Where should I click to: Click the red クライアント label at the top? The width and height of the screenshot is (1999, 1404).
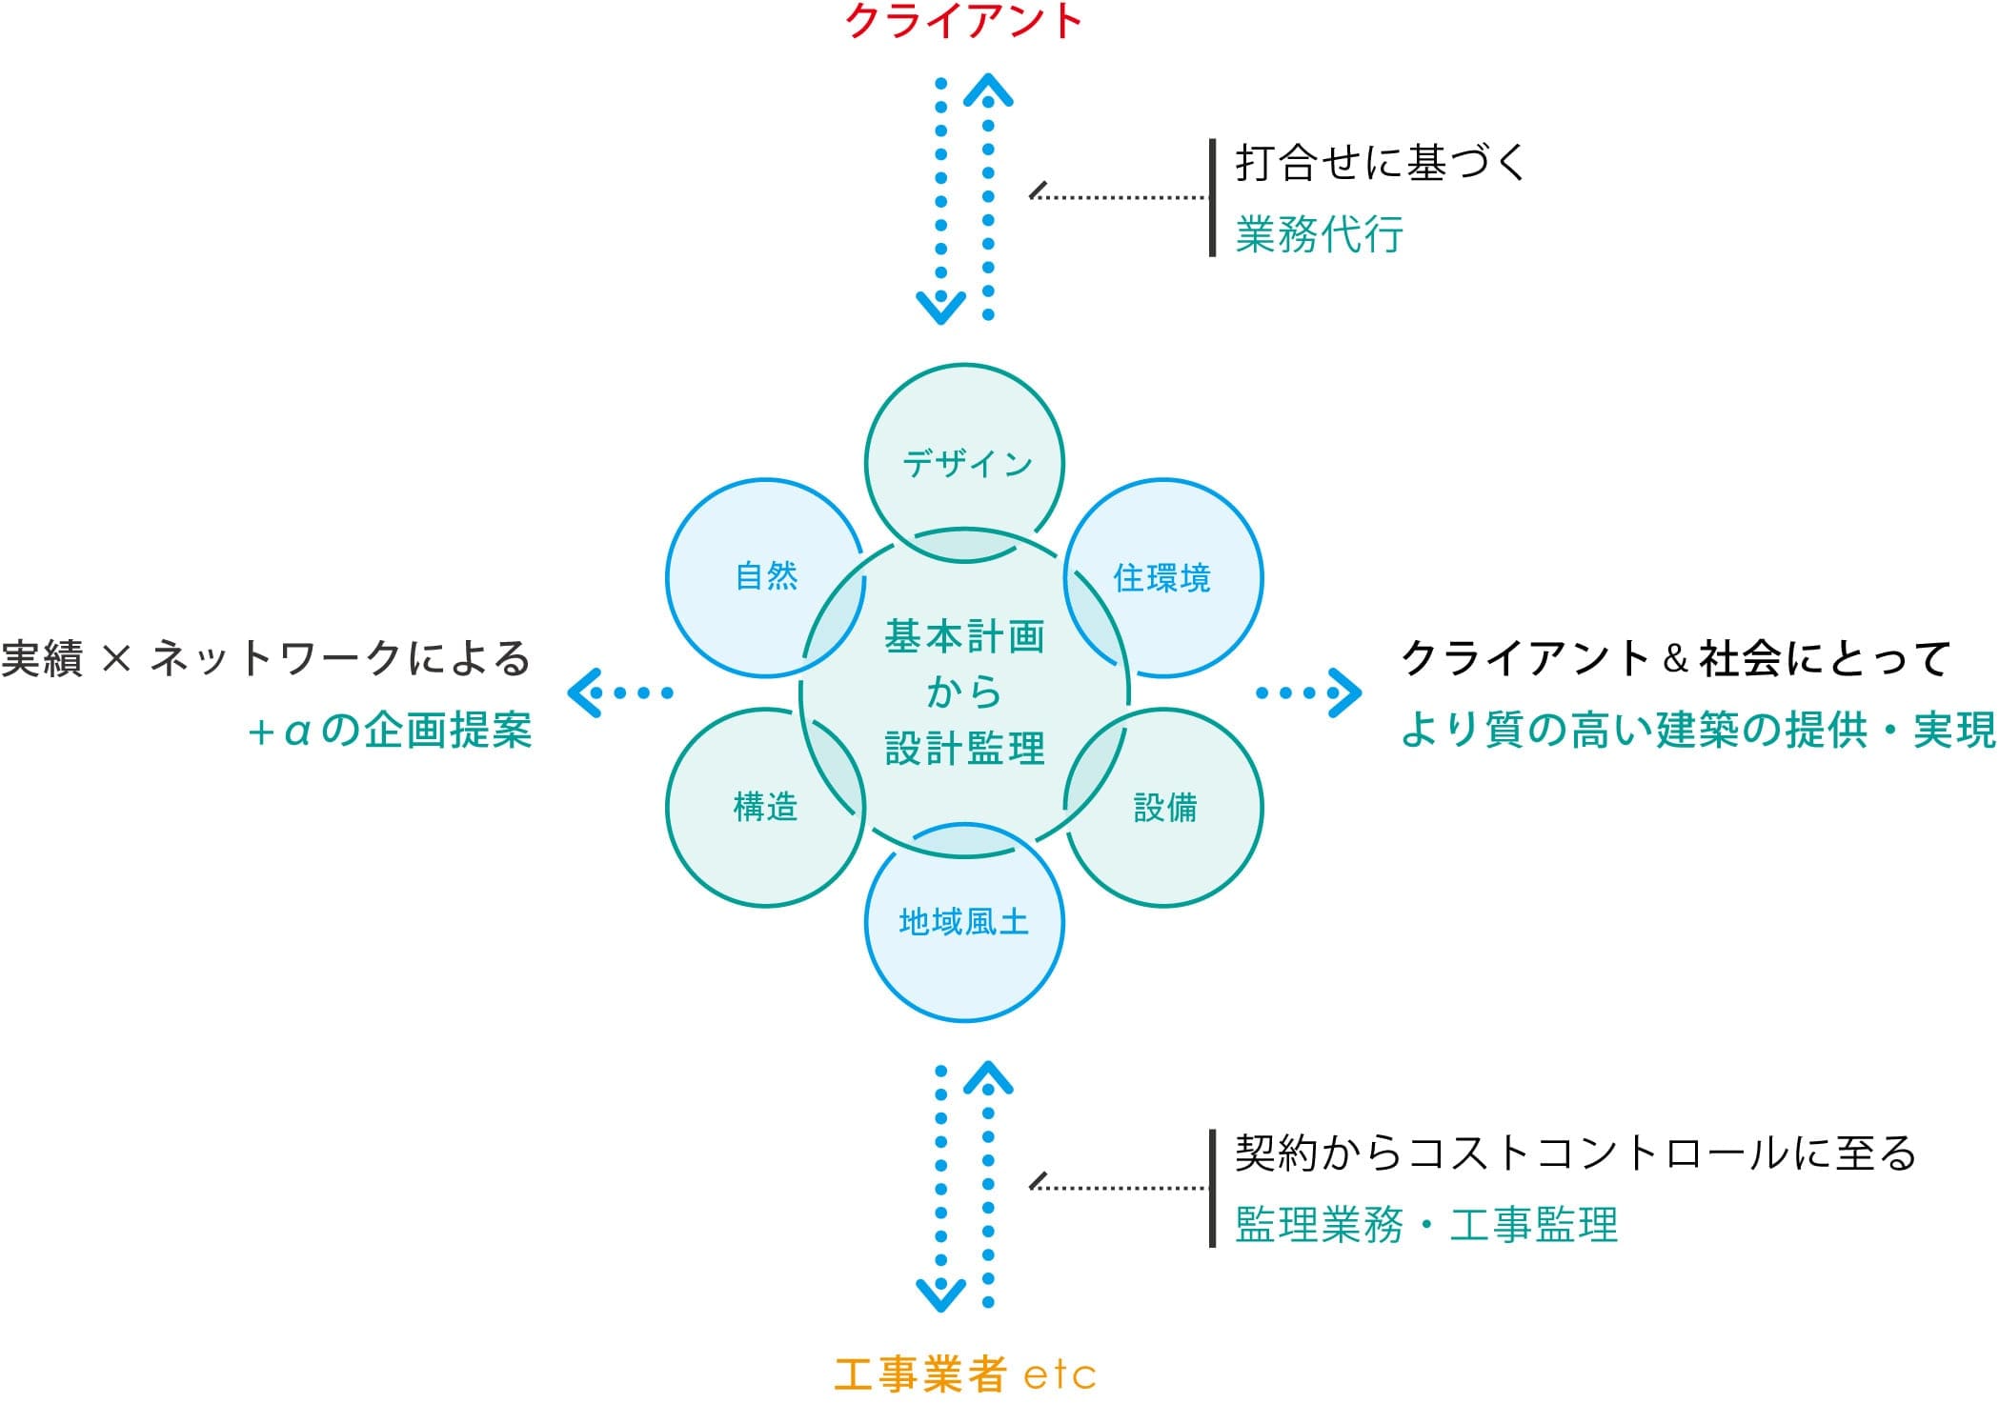pyautogui.click(x=963, y=21)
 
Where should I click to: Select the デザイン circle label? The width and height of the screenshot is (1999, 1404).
pyautogui.click(x=966, y=464)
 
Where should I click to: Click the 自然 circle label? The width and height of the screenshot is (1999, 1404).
pyautogui.click(x=766, y=576)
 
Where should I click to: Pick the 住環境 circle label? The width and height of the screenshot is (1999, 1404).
pyautogui.click(x=1161, y=578)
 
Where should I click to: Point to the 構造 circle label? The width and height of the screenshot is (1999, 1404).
pyautogui.click(x=765, y=807)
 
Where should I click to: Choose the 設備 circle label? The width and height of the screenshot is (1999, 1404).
pyautogui.click(x=1164, y=808)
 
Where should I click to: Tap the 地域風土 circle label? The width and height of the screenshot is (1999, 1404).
pyautogui.click(x=963, y=922)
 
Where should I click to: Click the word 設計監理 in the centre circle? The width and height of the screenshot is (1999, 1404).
pyautogui.click(x=964, y=749)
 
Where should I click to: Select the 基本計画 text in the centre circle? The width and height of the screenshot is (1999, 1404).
pyautogui.click(x=964, y=636)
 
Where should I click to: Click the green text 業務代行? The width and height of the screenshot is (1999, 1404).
pyautogui.click(x=1319, y=234)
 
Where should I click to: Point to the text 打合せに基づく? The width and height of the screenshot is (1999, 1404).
pyautogui.click(x=1381, y=162)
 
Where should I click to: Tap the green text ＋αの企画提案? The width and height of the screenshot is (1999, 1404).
pyautogui.click(x=389, y=731)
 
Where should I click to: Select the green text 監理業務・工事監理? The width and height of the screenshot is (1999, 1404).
pyautogui.click(x=1425, y=1225)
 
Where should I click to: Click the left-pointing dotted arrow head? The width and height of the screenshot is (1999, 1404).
pyautogui.click(x=583, y=692)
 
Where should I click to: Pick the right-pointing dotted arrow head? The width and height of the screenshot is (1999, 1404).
pyautogui.click(x=1345, y=692)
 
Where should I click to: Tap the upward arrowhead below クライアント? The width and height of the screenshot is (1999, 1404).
pyautogui.click(x=988, y=90)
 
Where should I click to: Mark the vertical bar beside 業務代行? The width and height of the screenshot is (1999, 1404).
pyautogui.click(x=1212, y=198)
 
